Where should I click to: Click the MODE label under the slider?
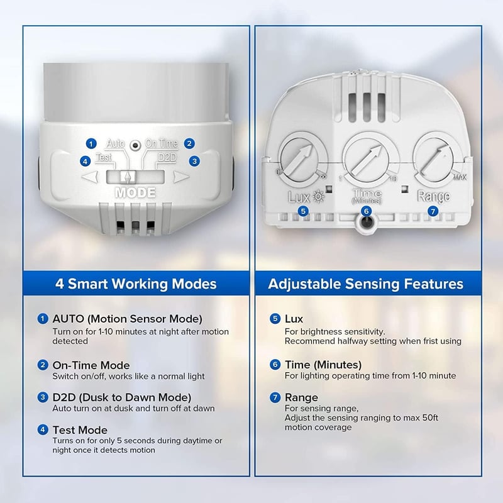click(135, 192)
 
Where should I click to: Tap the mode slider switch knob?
click(128, 177)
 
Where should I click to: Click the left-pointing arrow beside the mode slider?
click(90, 177)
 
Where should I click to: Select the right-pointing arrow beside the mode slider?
click(181, 177)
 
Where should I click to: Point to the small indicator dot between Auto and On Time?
click(135, 146)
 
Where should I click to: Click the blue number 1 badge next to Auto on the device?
click(91, 143)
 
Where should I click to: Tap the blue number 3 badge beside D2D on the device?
click(194, 161)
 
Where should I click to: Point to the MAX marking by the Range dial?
click(460, 177)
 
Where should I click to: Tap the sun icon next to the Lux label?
click(318, 196)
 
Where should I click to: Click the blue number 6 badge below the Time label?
click(366, 211)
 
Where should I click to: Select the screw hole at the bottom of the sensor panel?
click(366, 222)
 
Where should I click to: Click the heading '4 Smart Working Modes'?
click(136, 284)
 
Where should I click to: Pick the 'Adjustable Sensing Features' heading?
click(366, 284)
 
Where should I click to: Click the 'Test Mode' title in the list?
click(80, 430)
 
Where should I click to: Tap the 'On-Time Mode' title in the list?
click(91, 365)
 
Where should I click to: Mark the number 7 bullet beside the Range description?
click(275, 397)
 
